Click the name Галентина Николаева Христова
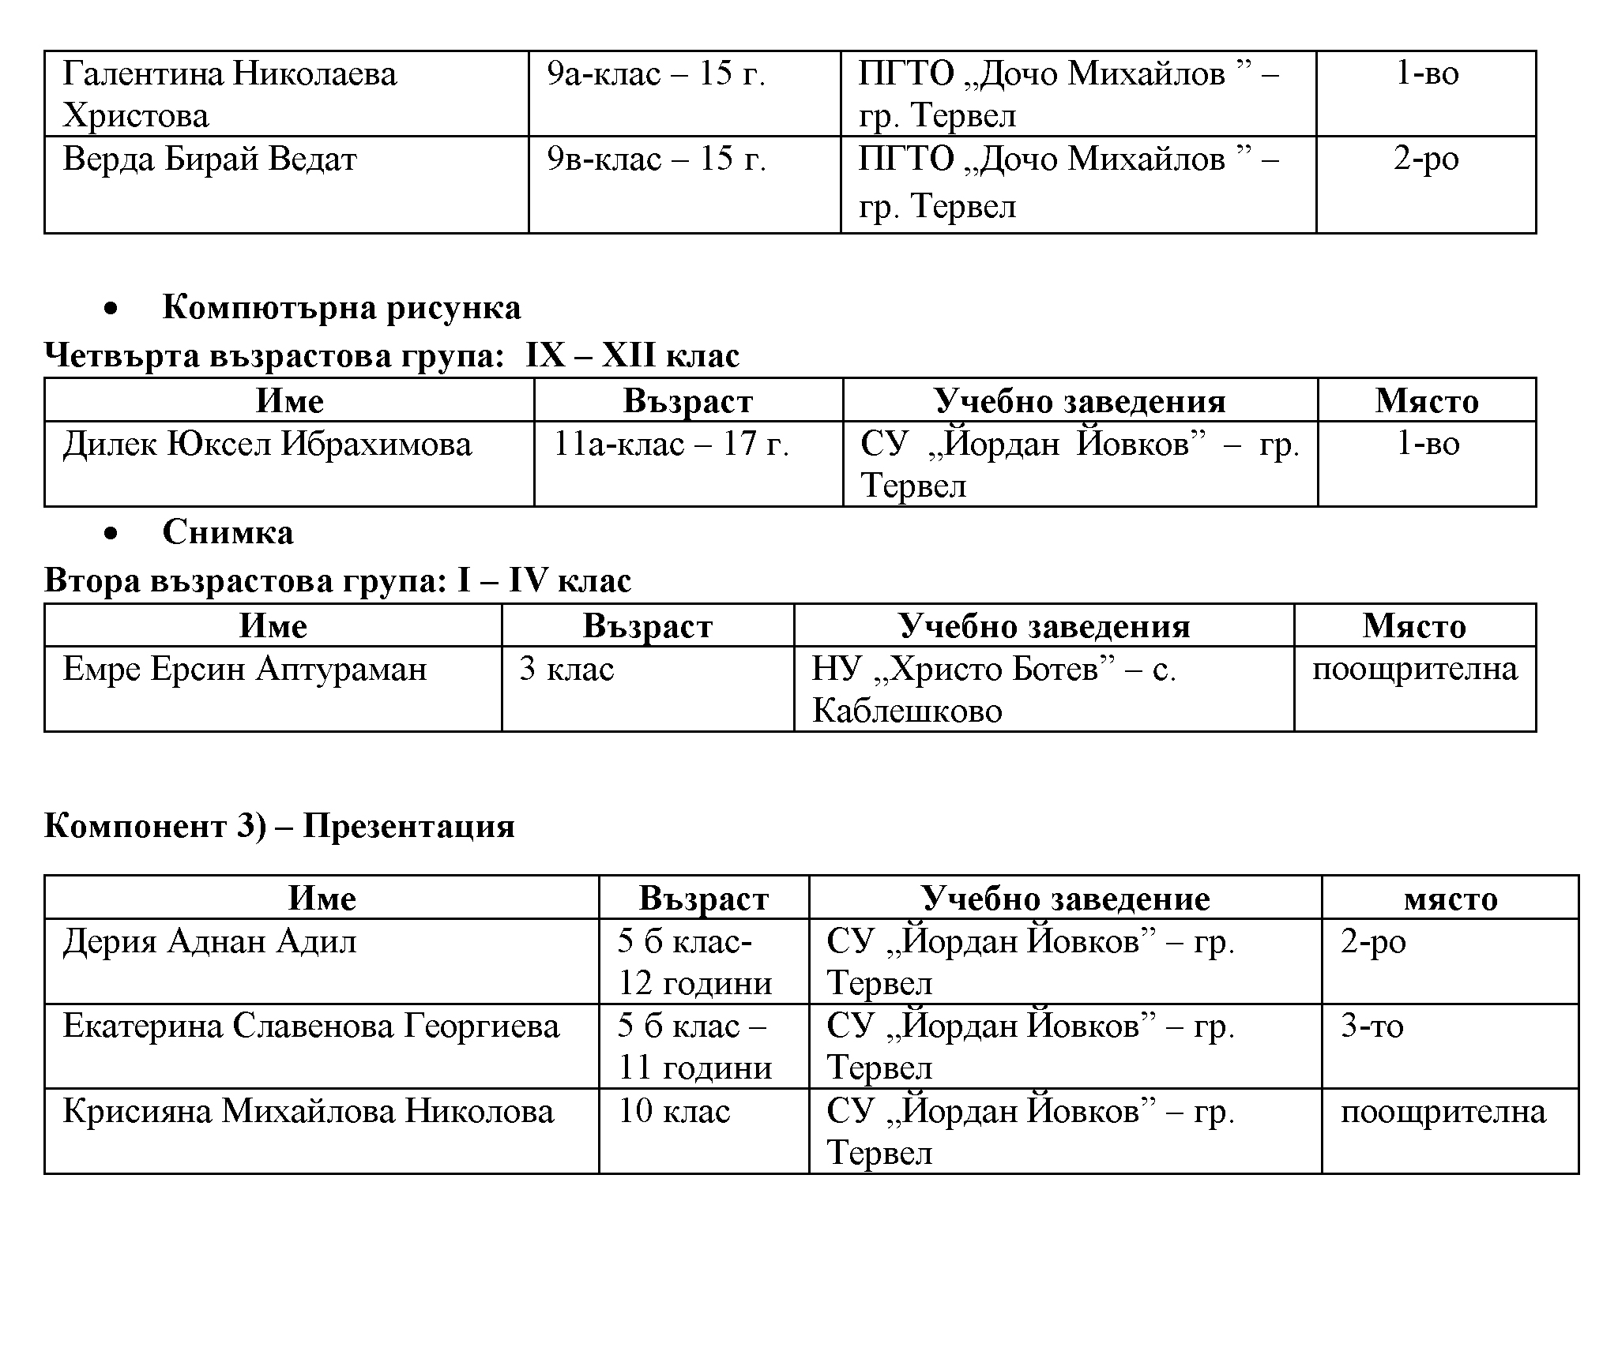pos(229,95)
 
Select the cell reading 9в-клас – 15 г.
pos(657,160)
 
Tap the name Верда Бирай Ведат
pos(209,160)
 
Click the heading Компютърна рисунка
pos(341,308)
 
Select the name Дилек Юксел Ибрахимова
pos(267,445)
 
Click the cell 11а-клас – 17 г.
pos(671,445)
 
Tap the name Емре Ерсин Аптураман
pos(245,670)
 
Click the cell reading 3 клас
pos(566,670)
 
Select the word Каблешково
pos(907,711)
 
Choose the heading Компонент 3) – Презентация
pos(279,826)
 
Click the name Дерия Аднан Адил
pos(209,941)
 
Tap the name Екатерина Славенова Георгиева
pos(311,1027)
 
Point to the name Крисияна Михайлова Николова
pos(308,1112)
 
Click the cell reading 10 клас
pos(674,1112)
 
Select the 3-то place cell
pos(1372,1027)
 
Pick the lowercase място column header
pos(1451,899)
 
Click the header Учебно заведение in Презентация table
pos(1065,899)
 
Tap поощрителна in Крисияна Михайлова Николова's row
pos(1443,1112)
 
